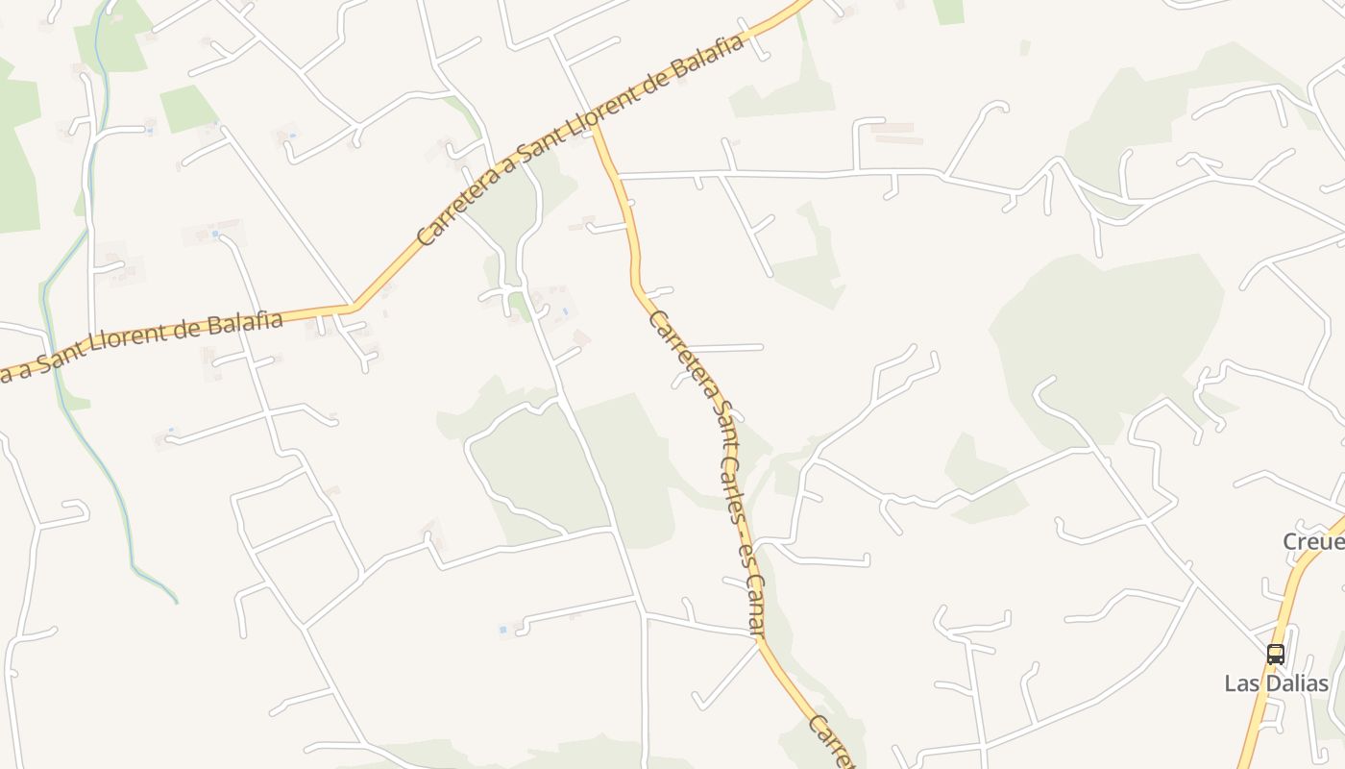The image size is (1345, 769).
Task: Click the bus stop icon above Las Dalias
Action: point(1275,654)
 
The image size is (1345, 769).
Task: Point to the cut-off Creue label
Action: point(1313,542)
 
